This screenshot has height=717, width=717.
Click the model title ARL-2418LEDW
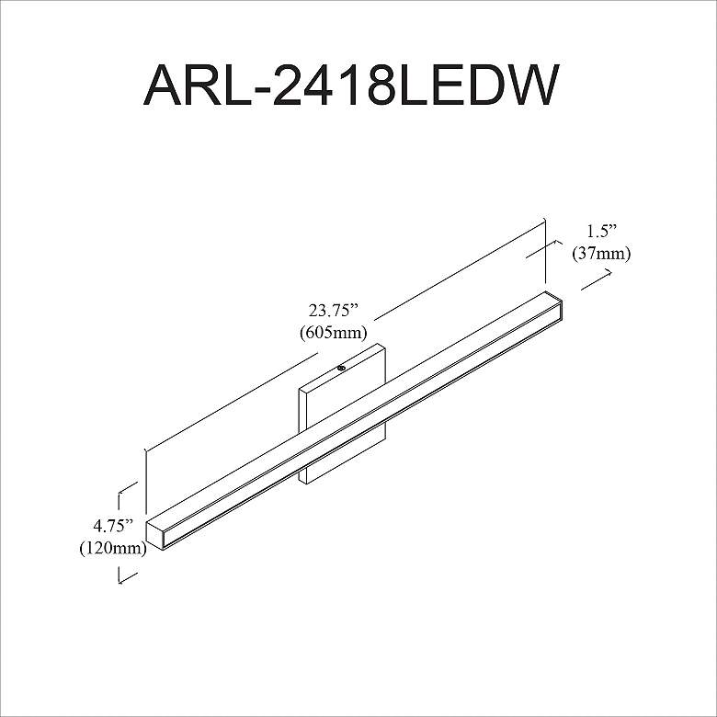pyautogui.click(x=351, y=85)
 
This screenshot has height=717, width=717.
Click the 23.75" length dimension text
pyautogui.click(x=332, y=311)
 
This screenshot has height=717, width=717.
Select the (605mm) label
pyautogui.click(x=334, y=333)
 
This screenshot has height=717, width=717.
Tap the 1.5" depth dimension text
pyautogui.click(x=602, y=232)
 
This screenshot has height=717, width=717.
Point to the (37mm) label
pyautogui.click(x=601, y=254)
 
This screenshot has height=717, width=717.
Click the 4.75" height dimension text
pyautogui.click(x=112, y=526)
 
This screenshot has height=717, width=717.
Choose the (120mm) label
pyautogui.click(x=113, y=548)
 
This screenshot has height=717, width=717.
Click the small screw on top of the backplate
pyautogui.click(x=341, y=368)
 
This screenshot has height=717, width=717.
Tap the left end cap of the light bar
pyautogui.click(x=155, y=534)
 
